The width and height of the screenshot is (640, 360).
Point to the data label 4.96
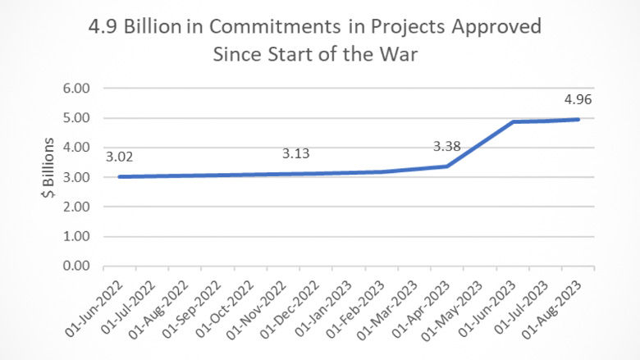(578, 101)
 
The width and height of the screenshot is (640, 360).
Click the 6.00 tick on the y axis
(74, 89)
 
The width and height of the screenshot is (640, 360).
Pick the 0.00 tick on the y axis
(74, 267)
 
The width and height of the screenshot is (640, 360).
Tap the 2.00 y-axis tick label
(74, 207)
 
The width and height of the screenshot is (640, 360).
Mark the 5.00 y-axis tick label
(74, 118)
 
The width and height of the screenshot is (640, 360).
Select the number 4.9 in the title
(104, 26)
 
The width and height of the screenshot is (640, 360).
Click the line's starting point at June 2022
(119, 176)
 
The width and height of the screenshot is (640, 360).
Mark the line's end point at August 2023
(578, 119)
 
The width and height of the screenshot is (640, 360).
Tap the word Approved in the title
(499, 26)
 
